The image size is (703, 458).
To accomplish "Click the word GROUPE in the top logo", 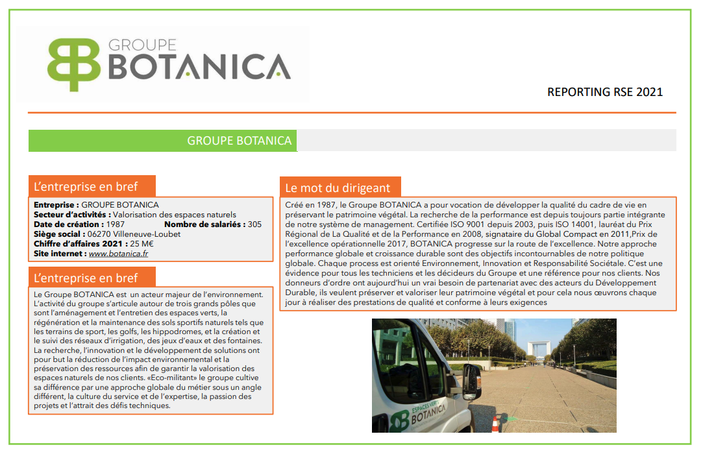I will (x=142, y=45).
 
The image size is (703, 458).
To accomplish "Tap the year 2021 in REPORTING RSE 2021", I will (x=650, y=92).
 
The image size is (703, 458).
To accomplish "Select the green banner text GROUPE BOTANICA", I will (x=239, y=141).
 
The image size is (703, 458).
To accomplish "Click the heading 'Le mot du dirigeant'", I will (x=338, y=188).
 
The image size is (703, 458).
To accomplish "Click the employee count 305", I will (x=254, y=224).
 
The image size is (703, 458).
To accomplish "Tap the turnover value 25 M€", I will (x=142, y=243).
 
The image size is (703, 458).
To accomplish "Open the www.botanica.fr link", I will (x=118, y=253).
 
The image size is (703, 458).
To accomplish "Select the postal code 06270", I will (x=101, y=234).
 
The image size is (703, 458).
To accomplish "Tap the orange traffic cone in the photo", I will (x=495, y=424).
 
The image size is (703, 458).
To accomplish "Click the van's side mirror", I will (x=471, y=383).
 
